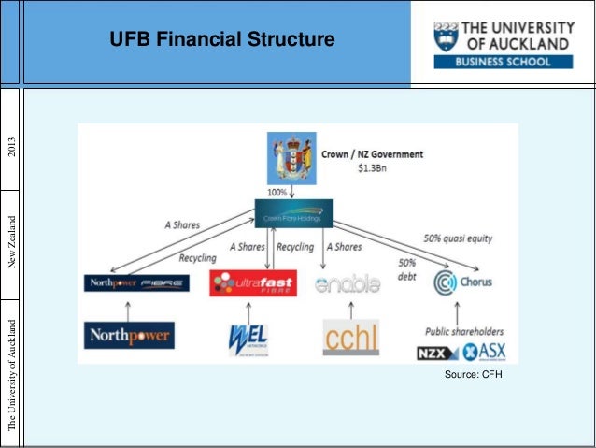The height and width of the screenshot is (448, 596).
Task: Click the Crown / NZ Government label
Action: tap(372, 154)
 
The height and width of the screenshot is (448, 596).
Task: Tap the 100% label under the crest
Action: tap(277, 191)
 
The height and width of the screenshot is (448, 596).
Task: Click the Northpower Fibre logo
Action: tap(135, 282)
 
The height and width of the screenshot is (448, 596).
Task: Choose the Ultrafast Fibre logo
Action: tap(250, 282)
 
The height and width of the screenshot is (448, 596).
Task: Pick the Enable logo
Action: tap(348, 282)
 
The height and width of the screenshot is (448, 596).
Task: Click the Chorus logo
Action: tap(463, 282)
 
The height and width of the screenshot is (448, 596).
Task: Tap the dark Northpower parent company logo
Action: tap(129, 335)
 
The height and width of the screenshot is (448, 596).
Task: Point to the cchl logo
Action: tap(351, 337)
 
